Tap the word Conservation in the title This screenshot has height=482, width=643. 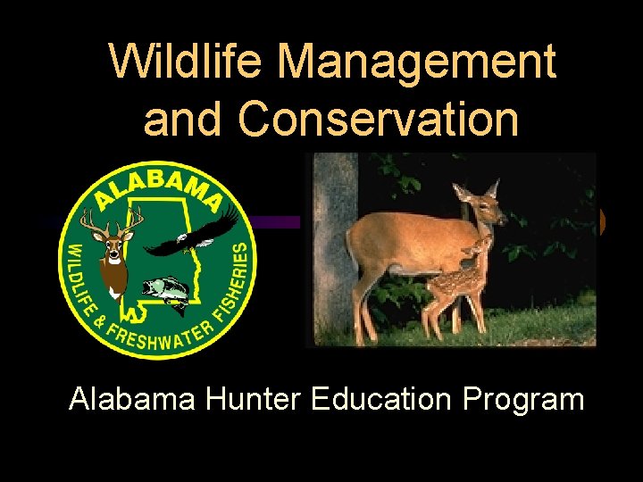(x=379, y=120)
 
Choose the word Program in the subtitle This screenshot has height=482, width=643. (x=523, y=398)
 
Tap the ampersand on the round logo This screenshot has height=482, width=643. (x=101, y=316)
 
